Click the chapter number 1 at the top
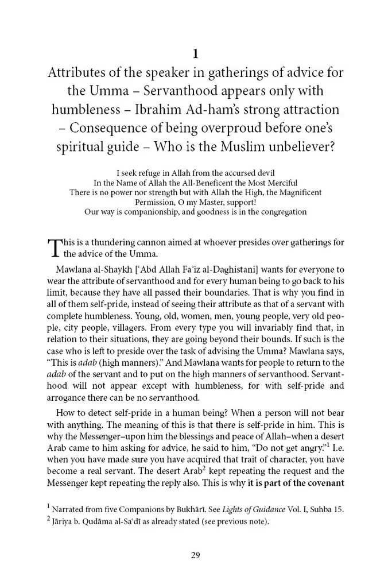[195, 55]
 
